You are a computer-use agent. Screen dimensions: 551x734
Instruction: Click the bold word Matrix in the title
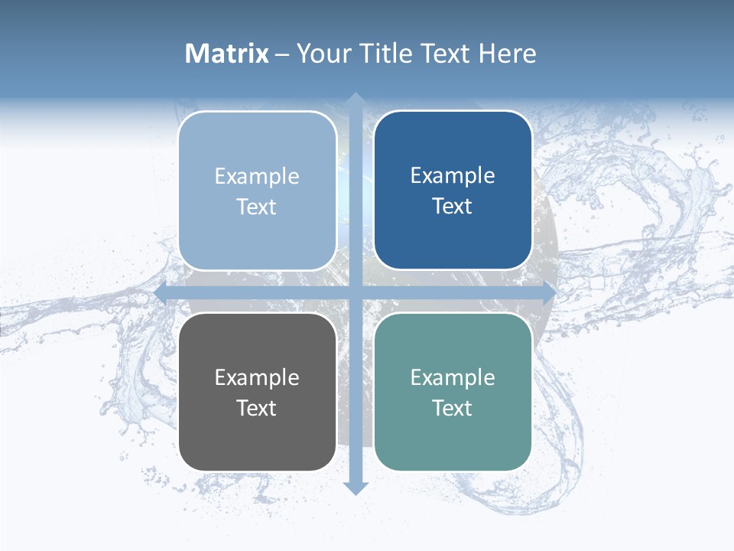pyautogui.click(x=226, y=54)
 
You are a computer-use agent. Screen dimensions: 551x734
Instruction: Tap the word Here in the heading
pyautogui.click(x=508, y=54)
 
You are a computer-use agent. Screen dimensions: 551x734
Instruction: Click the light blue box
pyautogui.click(x=257, y=237)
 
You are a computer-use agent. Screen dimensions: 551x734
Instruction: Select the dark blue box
pyautogui.click(x=453, y=237)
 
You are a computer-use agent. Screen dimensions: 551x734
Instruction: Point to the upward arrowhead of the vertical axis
pyautogui.click(x=355, y=99)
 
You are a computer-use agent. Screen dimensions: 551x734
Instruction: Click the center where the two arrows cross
pyautogui.click(x=355, y=293)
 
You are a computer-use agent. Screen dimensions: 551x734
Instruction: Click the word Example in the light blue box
pyautogui.click(x=257, y=177)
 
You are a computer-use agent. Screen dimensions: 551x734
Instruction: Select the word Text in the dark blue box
pyautogui.click(x=453, y=207)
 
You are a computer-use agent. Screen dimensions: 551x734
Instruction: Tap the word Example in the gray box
pyautogui.click(x=257, y=378)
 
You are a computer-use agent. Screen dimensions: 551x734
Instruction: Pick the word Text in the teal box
pyautogui.click(x=453, y=409)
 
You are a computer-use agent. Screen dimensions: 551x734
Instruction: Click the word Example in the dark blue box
pyautogui.click(x=453, y=176)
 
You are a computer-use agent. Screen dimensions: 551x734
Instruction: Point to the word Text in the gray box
pyautogui.click(x=257, y=409)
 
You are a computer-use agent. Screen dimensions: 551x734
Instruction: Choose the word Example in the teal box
pyautogui.click(x=453, y=378)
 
